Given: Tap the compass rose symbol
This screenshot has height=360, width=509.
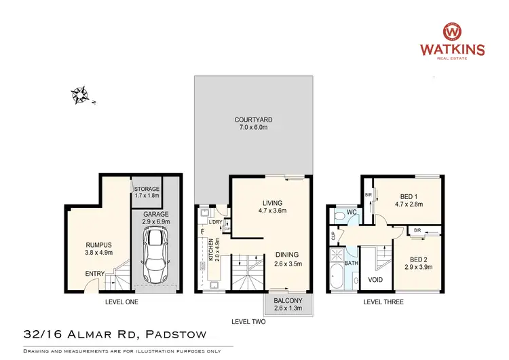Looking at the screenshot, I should click(81, 95).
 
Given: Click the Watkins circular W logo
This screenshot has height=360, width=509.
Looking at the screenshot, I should click(453, 32).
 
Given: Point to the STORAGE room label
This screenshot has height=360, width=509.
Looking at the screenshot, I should click(147, 188).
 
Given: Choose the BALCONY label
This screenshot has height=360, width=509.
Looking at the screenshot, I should click(288, 300).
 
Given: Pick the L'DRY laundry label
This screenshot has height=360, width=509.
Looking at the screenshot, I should click(216, 222).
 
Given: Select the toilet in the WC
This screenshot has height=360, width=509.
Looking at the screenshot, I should click(339, 217).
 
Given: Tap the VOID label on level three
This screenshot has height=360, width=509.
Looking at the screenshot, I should click(375, 278).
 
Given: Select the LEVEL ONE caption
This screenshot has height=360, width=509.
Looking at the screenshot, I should click(121, 302).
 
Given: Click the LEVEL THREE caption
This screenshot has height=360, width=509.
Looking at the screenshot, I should click(383, 302).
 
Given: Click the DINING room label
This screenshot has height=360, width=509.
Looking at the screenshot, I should click(288, 255).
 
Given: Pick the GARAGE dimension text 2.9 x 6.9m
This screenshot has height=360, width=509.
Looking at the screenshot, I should click(157, 221).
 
